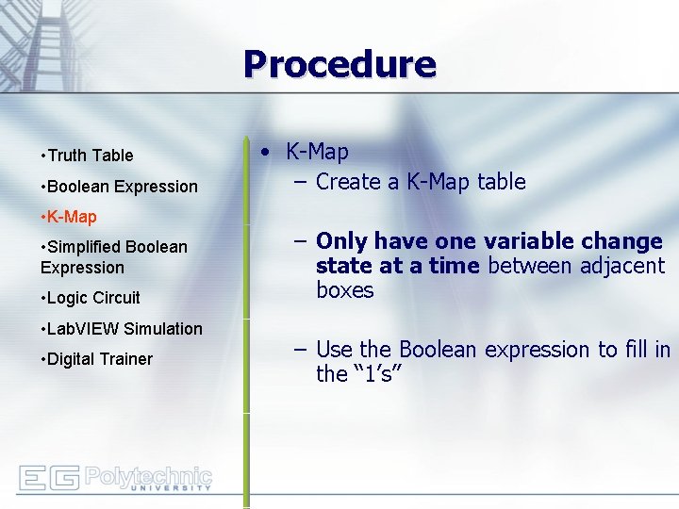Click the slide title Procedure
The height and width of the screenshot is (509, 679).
pos(339,64)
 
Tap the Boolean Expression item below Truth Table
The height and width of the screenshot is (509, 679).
pos(122,187)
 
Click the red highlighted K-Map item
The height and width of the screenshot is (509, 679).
pos(72,217)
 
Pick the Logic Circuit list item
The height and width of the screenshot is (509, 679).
pos(92,298)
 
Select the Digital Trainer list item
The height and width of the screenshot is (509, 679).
pos(99,359)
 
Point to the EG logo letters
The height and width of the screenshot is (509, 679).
pos(48,478)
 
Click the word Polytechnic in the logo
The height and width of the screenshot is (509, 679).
pos(148,475)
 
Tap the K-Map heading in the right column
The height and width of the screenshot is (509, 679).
pos(317,152)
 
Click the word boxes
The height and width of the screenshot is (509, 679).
pos(345,290)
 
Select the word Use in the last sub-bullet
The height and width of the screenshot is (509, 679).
pos(334,351)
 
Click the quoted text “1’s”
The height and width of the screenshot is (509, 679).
pos(378,374)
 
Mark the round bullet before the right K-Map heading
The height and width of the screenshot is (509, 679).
pos(269,153)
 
